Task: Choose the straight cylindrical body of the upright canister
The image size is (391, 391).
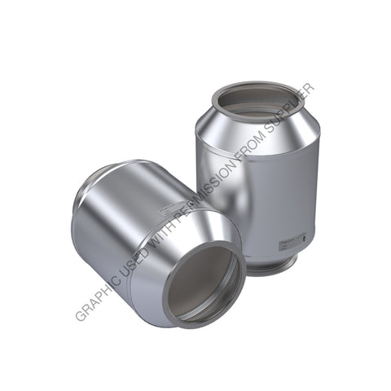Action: click(236, 187)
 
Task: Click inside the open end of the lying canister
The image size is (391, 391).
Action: click(204, 285)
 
